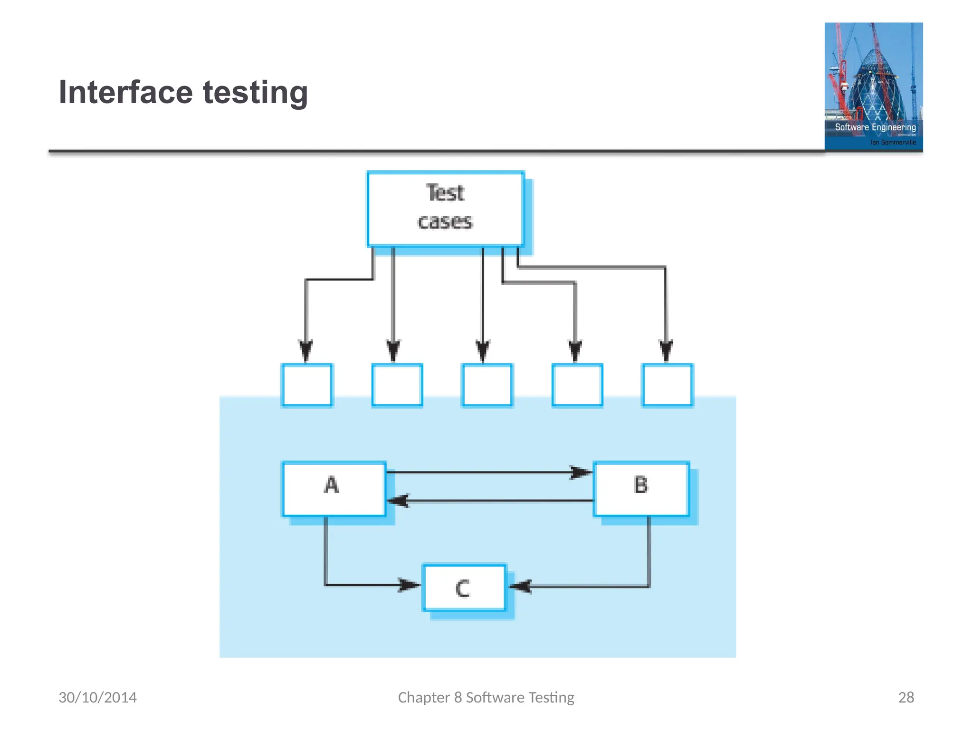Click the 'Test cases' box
pos(445,209)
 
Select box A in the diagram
pos(334,489)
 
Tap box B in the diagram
pos(641,489)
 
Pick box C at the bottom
pos(464,587)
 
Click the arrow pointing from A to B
pos(489,472)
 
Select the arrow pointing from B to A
pos(489,500)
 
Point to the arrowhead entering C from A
pos(408,585)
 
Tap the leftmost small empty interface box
pos(307,385)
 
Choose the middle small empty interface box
pos(487,385)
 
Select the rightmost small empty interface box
pos(667,385)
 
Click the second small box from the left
pos(397,385)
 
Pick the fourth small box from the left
pos(577,385)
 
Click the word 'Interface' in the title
pos(125,92)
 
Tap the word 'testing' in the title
pos(256,93)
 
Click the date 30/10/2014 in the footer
pos(97,697)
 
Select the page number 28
pos(906,697)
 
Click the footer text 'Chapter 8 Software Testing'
pos(486,697)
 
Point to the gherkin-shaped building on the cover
pos(875,86)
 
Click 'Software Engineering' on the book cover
pos(875,127)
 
